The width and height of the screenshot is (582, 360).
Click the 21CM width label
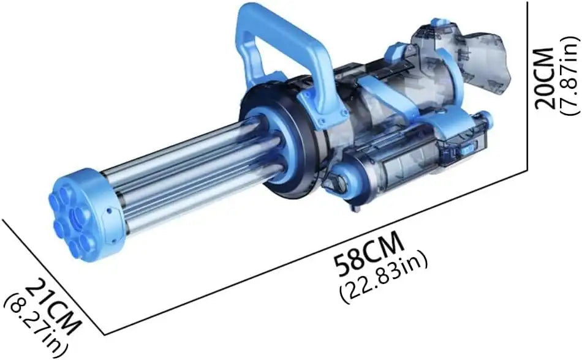[54, 307]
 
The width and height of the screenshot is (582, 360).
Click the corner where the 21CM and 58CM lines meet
[97, 331]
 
